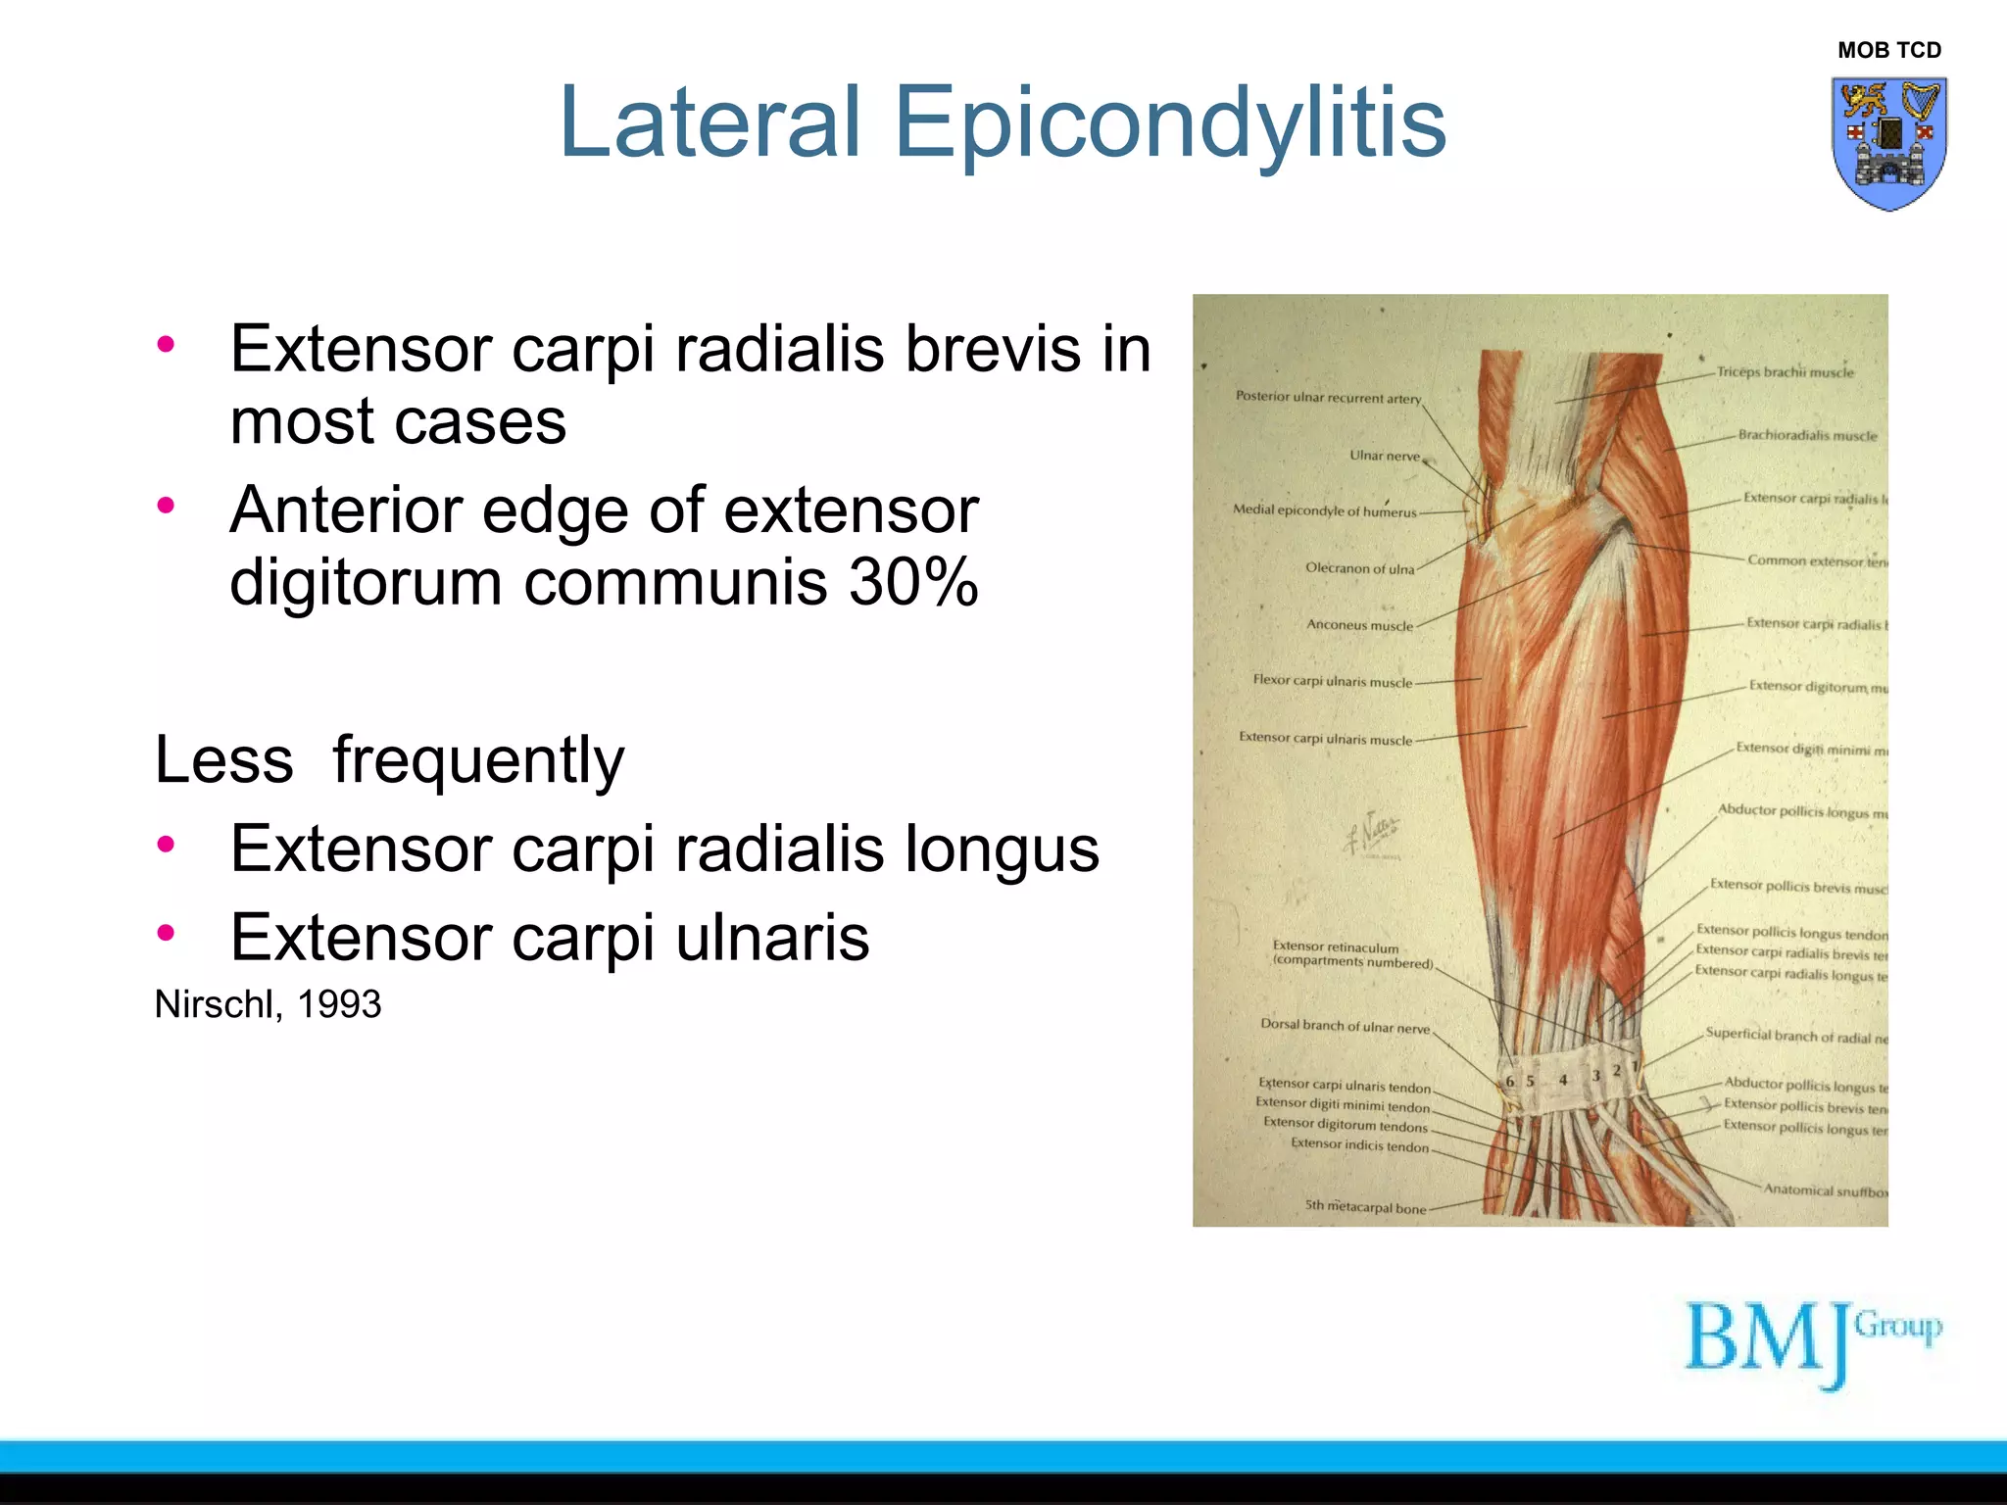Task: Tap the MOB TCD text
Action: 1888,50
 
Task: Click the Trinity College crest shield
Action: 1888,143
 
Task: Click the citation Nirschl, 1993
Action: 268,1004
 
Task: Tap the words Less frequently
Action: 389,759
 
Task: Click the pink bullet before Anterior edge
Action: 166,506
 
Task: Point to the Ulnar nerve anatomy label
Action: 1384,456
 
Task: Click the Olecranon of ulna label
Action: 1359,568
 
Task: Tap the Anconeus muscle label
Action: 1359,625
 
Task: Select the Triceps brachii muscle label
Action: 1785,372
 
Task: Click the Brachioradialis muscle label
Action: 1807,435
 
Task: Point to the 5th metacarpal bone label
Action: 1365,1208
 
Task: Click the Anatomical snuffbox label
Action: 1824,1190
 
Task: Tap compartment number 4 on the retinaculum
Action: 1563,1080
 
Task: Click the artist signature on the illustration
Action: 1373,833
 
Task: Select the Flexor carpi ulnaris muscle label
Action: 1332,681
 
